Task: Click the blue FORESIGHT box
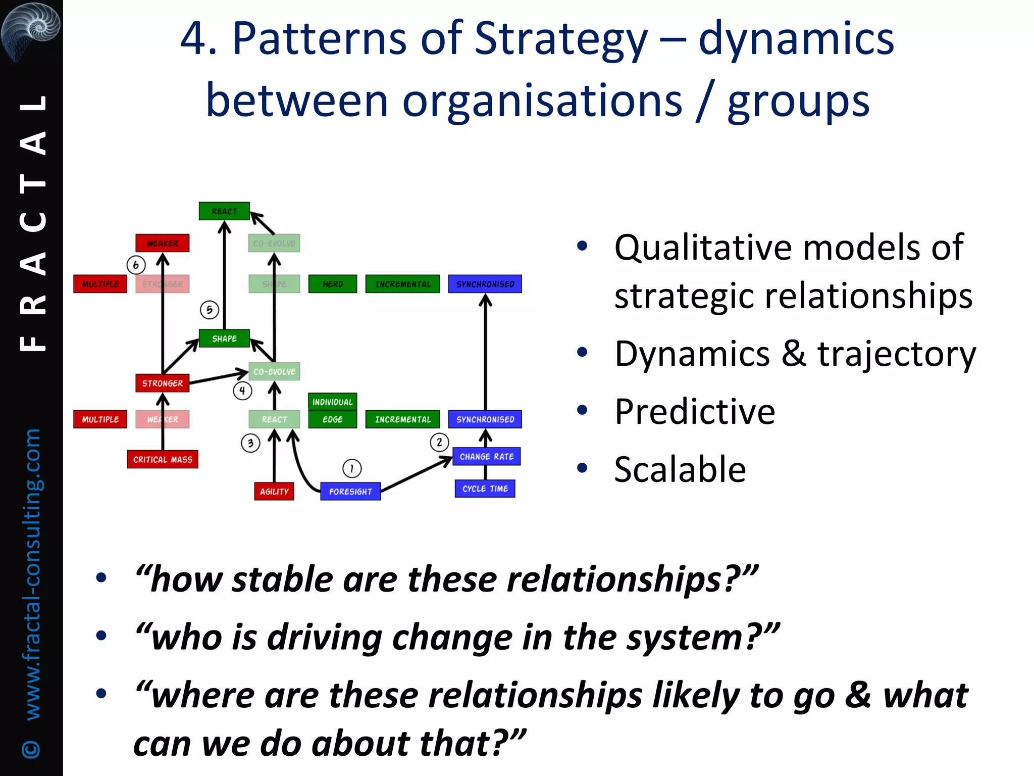[x=350, y=491]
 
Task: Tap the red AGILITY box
[x=274, y=491]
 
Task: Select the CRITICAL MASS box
[x=163, y=459]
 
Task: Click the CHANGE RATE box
[x=486, y=456]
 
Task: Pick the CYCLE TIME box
[x=485, y=489]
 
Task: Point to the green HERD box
[x=333, y=284]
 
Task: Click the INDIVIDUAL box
[x=332, y=402]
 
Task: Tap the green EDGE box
[x=332, y=419]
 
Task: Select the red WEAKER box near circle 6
[x=163, y=243]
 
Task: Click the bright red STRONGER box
[x=163, y=383]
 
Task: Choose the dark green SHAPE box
[x=224, y=338]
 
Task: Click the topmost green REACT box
[x=224, y=211]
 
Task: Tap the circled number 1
[x=352, y=468]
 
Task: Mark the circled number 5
[x=210, y=310]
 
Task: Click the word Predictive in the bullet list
[x=694, y=411]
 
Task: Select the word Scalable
[x=680, y=469]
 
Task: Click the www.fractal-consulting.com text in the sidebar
[x=32, y=573]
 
